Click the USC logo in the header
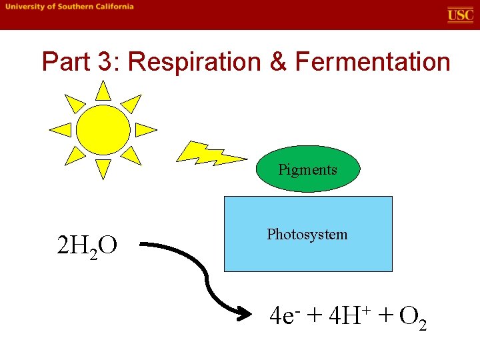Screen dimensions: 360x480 [460, 15]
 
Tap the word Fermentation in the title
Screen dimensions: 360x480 [373, 62]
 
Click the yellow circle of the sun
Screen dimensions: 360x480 [103, 129]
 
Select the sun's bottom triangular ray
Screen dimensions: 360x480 [103, 169]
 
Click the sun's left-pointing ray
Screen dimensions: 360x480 [62, 129]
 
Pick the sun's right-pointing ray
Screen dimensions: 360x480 [145, 129]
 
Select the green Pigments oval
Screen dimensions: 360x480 [307, 169]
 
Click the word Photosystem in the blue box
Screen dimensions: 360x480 [307, 235]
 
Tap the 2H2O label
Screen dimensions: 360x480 [87, 247]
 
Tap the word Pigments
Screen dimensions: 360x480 [307, 169]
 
